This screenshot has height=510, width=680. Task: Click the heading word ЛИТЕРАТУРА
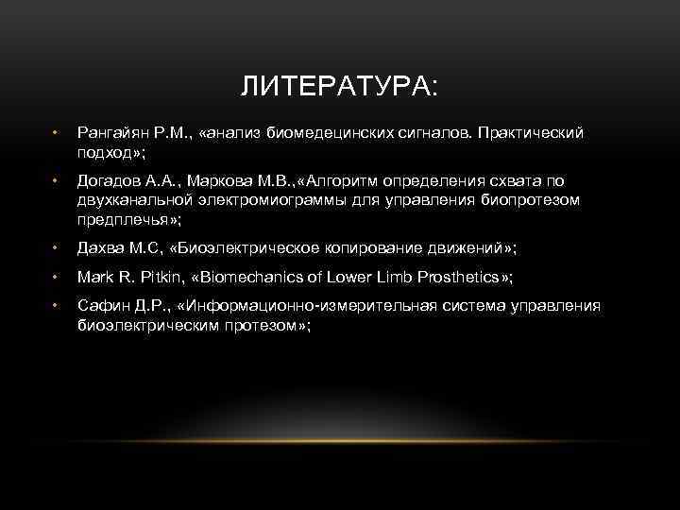337,88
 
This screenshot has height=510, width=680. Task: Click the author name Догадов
108,181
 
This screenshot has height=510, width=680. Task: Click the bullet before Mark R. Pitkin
57,278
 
